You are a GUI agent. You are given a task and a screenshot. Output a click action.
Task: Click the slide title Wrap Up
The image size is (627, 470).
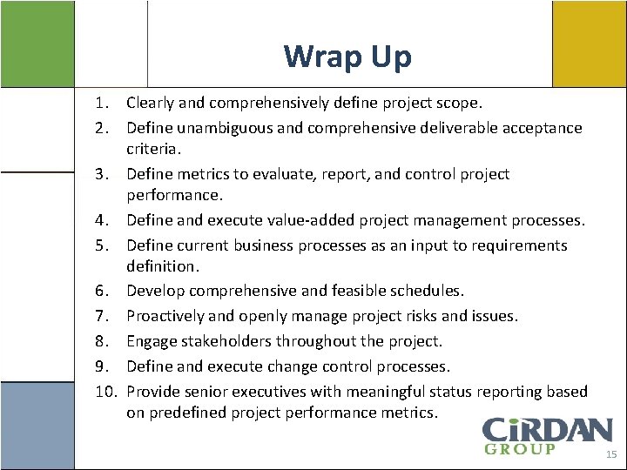pyautogui.click(x=347, y=57)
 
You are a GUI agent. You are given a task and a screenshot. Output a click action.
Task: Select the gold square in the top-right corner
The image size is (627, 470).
pyautogui.click(x=588, y=44)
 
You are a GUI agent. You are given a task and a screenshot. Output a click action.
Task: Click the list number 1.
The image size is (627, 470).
pyautogui.click(x=102, y=104)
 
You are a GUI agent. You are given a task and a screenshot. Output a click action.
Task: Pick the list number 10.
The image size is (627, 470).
pyautogui.click(x=105, y=392)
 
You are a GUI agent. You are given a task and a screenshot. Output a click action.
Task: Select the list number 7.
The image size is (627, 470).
pyautogui.click(x=102, y=315)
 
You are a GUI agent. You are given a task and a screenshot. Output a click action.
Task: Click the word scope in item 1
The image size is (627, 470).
pyautogui.click(x=456, y=104)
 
